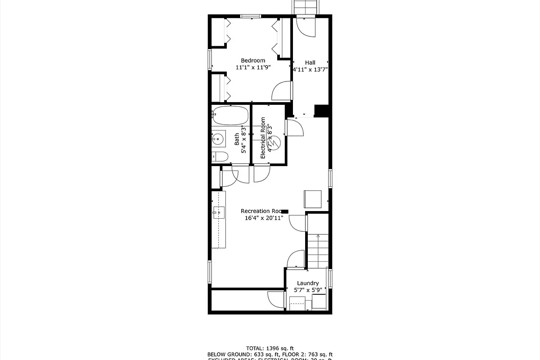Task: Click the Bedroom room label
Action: [253, 60]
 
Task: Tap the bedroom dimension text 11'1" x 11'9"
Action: [253, 67]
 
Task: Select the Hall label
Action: [310, 63]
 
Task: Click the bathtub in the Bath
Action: [230, 116]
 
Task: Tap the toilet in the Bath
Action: [220, 157]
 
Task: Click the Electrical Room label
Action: [263, 138]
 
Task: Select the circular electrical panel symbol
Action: [275, 143]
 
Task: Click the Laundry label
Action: [308, 283]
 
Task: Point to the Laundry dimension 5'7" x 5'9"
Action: [308, 290]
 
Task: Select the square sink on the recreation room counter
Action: [219, 211]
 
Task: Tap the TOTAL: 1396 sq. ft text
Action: [270, 348]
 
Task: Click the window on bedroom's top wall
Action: [250, 16]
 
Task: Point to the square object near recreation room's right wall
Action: [313, 198]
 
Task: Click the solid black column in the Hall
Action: [320, 111]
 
